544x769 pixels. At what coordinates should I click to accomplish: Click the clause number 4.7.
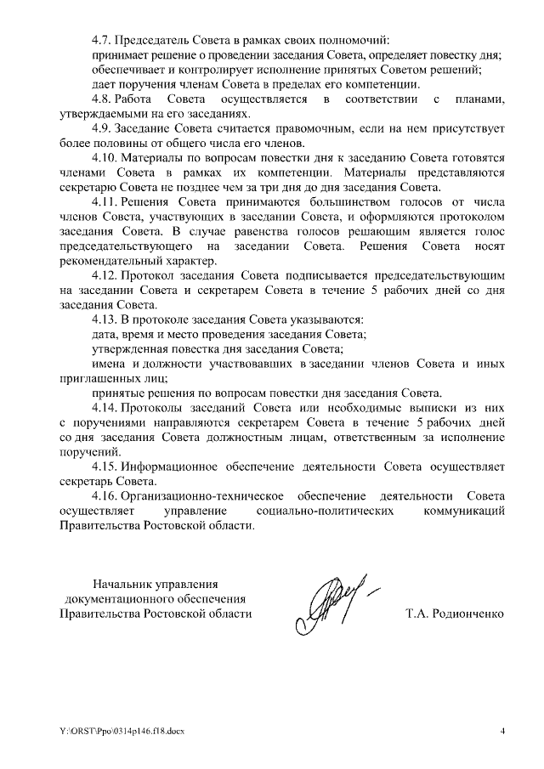click(x=101, y=40)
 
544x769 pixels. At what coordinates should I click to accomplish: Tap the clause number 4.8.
click(x=101, y=100)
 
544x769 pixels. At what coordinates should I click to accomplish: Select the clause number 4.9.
click(x=101, y=129)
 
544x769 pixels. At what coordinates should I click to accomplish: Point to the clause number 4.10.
click(x=104, y=159)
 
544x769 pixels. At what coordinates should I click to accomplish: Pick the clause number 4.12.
click(x=104, y=276)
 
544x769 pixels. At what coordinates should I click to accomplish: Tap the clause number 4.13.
click(x=104, y=319)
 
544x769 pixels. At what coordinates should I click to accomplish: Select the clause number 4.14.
click(x=104, y=408)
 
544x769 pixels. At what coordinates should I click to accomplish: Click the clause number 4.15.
click(x=104, y=466)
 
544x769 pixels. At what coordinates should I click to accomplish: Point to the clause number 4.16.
click(x=104, y=496)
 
